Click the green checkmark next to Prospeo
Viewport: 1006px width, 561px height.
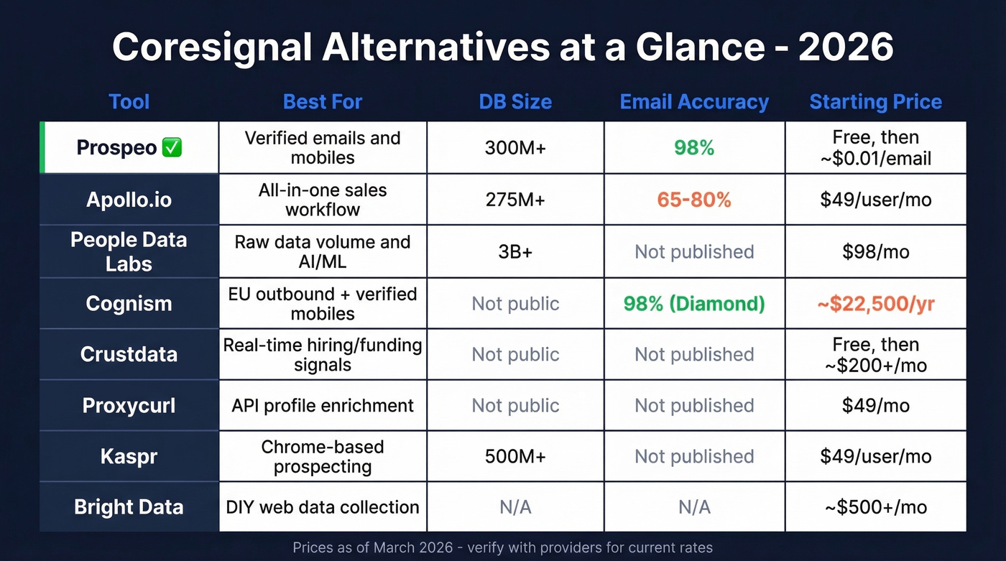tap(172, 148)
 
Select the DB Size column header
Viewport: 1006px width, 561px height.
tap(515, 102)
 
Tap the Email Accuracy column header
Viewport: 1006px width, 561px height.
tap(694, 102)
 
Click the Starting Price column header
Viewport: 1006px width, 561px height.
tap(875, 102)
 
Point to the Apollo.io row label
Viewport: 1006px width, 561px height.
tap(129, 199)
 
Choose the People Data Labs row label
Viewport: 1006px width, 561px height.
tap(129, 251)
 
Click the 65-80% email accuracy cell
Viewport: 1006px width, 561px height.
tap(694, 200)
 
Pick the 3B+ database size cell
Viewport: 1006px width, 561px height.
tap(515, 251)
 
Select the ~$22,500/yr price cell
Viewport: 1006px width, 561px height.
tap(875, 303)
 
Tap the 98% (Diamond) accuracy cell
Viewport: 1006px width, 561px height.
tap(694, 303)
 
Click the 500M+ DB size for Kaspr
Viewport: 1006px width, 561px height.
tap(515, 456)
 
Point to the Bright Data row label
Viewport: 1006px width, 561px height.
tap(129, 507)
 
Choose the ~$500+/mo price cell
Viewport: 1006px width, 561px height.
tap(875, 507)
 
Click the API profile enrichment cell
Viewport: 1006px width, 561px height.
tap(323, 405)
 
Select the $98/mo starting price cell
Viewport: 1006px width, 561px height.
tap(875, 251)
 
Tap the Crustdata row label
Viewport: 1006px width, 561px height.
tap(129, 354)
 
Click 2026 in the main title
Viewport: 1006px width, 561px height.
tap(846, 47)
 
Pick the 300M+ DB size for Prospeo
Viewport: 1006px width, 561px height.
tap(515, 148)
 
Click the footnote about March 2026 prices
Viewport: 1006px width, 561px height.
tap(502, 547)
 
